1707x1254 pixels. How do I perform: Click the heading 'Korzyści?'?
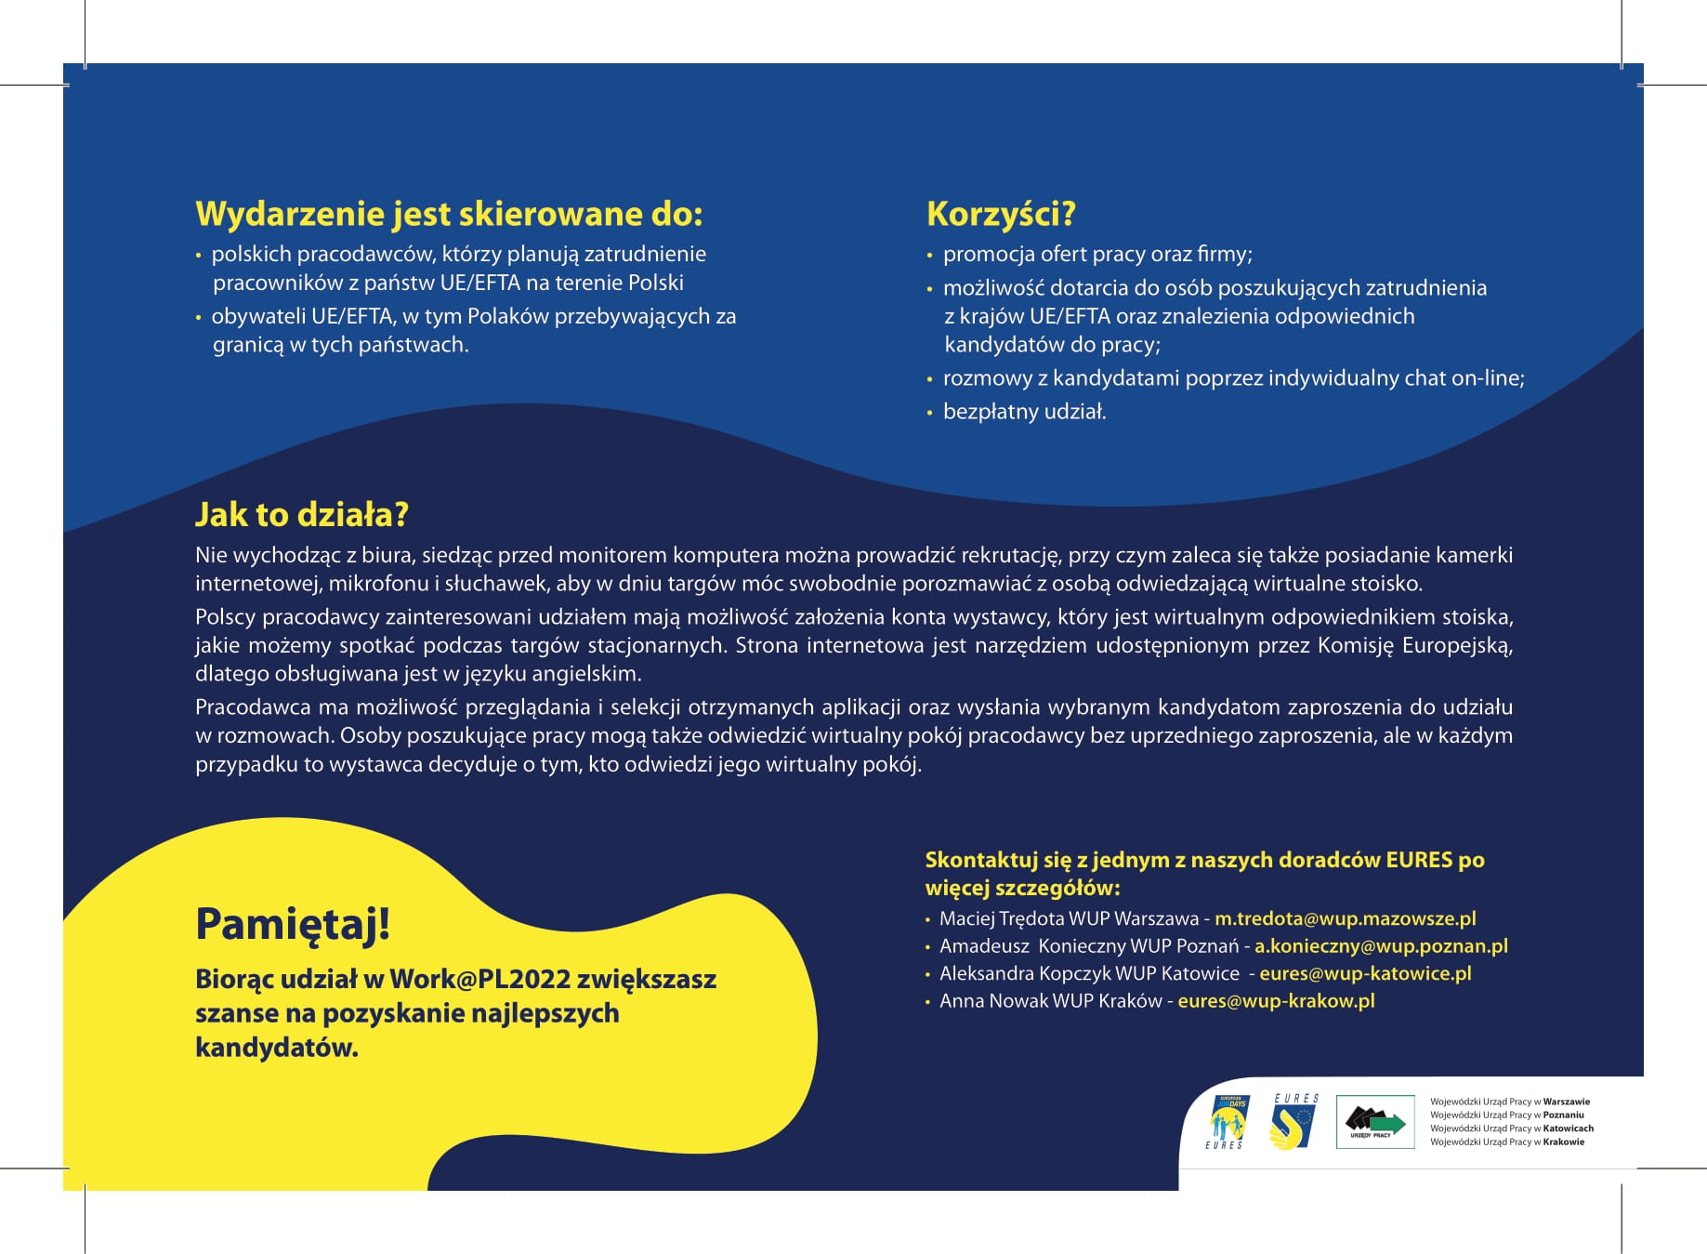click(x=1000, y=215)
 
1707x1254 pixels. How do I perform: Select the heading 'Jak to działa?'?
click(x=301, y=515)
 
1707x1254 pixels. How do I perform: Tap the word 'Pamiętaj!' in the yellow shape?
click(x=293, y=924)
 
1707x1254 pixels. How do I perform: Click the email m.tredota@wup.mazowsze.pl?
click(x=1345, y=918)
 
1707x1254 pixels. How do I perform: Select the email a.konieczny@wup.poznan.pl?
click(x=1381, y=946)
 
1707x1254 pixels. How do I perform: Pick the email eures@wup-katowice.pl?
click(x=1365, y=973)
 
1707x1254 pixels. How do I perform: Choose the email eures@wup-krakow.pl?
click(x=1276, y=1001)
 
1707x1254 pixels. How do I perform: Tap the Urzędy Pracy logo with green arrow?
click(x=1375, y=1121)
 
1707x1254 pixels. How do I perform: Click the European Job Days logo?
click(x=1228, y=1121)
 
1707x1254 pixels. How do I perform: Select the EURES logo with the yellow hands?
click(x=1294, y=1121)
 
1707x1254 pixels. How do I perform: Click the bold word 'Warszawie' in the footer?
click(x=1567, y=1102)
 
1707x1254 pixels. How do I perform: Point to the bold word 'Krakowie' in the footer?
click(x=1564, y=1142)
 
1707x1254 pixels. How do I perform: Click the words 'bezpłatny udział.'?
click(x=1024, y=412)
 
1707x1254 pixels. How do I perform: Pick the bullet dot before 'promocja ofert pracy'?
click(x=929, y=256)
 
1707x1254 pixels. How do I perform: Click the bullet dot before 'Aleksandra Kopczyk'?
click(x=927, y=975)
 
